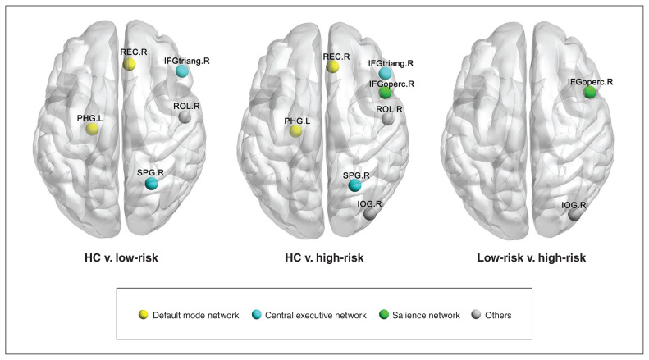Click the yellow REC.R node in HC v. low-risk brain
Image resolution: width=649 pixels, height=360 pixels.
[x=130, y=64]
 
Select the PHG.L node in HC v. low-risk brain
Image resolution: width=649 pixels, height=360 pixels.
[x=93, y=129]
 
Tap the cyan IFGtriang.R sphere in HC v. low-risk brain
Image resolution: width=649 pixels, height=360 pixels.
[x=182, y=71]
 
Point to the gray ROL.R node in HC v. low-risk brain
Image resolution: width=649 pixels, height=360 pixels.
[x=185, y=118]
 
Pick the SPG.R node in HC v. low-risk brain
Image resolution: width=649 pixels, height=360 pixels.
[x=152, y=184]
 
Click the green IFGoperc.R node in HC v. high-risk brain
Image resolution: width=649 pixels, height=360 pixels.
[x=386, y=93]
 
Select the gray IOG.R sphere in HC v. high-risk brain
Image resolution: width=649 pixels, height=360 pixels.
[x=371, y=214]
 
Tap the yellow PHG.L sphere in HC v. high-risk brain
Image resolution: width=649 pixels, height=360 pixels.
[x=295, y=131]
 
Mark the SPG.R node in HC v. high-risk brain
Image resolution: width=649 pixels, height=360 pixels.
[x=354, y=185]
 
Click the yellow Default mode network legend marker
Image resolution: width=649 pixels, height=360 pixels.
[x=144, y=314]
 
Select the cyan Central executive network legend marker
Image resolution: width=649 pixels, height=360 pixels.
[x=257, y=314]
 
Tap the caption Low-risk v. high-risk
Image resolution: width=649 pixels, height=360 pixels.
[x=532, y=257]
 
